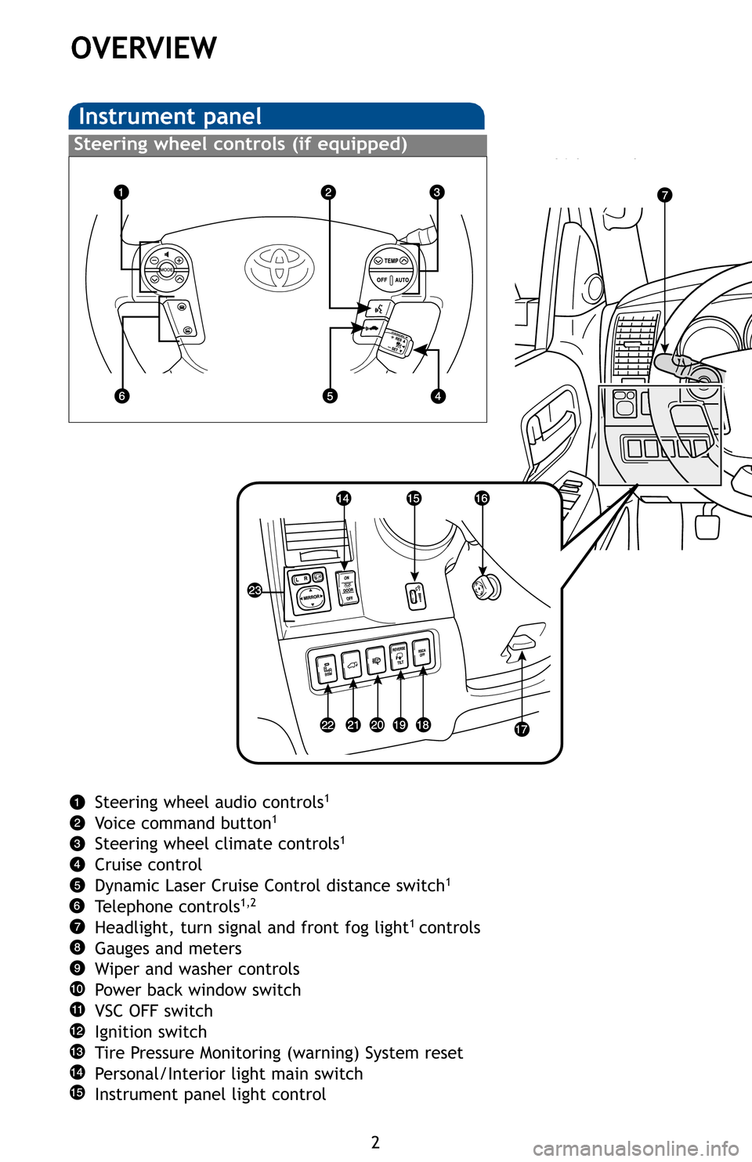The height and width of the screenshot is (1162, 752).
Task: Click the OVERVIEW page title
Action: click(x=144, y=49)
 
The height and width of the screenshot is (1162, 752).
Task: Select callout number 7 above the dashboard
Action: click(x=664, y=195)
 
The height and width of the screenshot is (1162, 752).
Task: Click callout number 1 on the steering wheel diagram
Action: click(x=121, y=192)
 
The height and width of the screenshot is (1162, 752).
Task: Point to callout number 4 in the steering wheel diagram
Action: click(x=437, y=395)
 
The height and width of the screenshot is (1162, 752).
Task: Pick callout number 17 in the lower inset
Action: click(x=522, y=729)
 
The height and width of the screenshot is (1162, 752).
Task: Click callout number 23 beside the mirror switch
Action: click(x=255, y=590)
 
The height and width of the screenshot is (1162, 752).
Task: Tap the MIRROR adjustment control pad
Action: click(x=311, y=597)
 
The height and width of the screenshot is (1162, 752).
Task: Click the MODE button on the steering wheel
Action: click(x=167, y=269)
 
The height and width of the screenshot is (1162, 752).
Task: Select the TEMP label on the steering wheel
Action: click(x=391, y=261)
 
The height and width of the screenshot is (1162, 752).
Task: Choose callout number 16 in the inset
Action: click(x=481, y=498)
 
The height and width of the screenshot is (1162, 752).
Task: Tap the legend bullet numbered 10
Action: click(x=77, y=990)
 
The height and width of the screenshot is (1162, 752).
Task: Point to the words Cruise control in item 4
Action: click(x=148, y=864)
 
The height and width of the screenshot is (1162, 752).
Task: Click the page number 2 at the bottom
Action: click(x=375, y=1142)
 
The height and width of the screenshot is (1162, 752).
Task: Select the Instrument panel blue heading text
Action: click(x=170, y=117)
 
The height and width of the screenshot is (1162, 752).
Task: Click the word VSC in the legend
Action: click(x=110, y=1011)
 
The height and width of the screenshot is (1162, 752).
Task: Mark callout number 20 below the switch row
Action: click(x=377, y=724)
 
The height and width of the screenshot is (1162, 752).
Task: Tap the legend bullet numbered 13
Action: click(x=77, y=1052)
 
